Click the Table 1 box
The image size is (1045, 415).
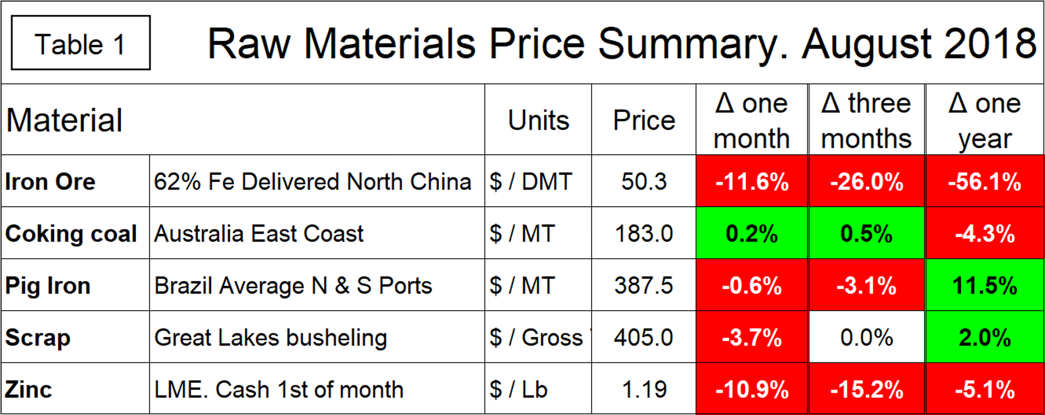[x=80, y=43]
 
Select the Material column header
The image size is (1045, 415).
[x=64, y=120]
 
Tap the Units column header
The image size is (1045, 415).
[x=538, y=120]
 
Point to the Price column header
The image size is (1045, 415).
[x=644, y=120]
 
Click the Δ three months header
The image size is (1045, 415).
[x=866, y=120]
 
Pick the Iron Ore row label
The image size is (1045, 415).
[x=50, y=182]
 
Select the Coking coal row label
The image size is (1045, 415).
[x=71, y=234]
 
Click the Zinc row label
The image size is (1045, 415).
[x=29, y=390]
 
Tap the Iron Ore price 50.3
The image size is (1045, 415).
[x=644, y=182]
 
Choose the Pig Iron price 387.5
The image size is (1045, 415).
[x=644, y=286]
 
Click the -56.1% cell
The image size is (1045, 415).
[x=985, y=182]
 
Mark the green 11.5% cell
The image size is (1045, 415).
[x=985, y=286]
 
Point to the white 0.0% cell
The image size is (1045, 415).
[x=866, y=337]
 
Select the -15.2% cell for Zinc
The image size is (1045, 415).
[x=866, y=390]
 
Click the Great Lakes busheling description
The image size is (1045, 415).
[x=271, y=337]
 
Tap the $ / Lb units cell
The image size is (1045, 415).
[x=518, y=390]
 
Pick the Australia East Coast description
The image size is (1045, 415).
[x=259, y=234]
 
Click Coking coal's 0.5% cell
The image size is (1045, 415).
[x=866, y=234]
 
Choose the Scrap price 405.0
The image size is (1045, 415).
[x=644, y=337]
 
